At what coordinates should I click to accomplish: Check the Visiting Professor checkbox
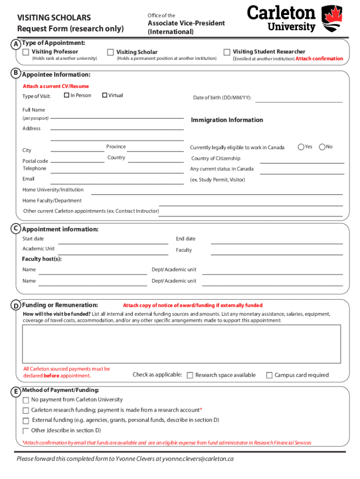pyautogui.click(x=26, y=52)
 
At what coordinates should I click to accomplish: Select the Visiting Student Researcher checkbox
pyautogui.click(x=227, y=52)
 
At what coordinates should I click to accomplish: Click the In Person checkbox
pyautogui.click(x=67, y=95)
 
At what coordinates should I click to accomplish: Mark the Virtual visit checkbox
pyautogui.click(x=105, y=95)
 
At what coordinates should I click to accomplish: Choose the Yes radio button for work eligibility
pyautogui.click(x=301, y=147)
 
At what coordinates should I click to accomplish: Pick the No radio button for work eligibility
pyautogui.click(x=322, y=147)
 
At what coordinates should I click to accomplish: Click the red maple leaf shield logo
pyautogui.click(x=332, y=18)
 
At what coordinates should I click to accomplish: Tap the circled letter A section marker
pyautogui.click(x=16, y=44)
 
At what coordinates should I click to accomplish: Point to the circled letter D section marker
pyautogui.click(x=16, y=306)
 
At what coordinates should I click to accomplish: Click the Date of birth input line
pyautogui.click(x=299, y=100)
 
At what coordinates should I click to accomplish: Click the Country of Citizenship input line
pyautogui.click(x=302, y=160)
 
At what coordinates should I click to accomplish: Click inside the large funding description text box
pyautogui.click(x=181, y=344)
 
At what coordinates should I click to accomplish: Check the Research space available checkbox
pyautogui.click(x=190, y=375)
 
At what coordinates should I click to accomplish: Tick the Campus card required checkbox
pyautogui.click(x=269, y=375)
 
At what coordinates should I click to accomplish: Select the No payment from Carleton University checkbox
pyautogui.click(x=26, y=400)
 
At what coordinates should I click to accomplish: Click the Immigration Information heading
pyautogui.click(x=227, y=120)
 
